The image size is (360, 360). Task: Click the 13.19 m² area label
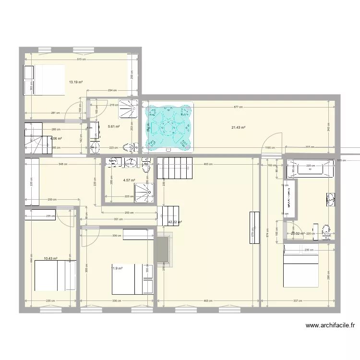75,82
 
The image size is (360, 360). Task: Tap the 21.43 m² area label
239,127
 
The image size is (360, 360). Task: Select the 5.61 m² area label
114,127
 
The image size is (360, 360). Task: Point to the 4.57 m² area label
129,181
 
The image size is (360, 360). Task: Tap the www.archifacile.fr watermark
331,325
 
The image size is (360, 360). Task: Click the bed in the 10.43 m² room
55,276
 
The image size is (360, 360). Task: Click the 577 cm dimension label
237,108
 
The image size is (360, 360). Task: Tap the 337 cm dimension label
297,301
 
